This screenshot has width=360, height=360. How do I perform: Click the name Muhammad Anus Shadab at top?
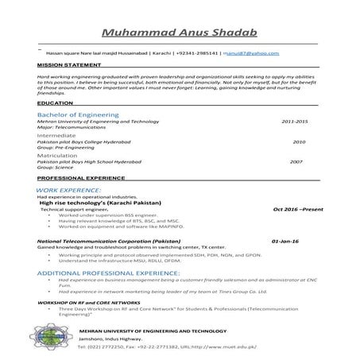pyautogui.click(x=180, y=33)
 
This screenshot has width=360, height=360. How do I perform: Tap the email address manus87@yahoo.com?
pyautogui.click(x=251, y=52)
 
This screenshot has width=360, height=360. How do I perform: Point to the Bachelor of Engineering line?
pyautogui.click(x=78, y=114)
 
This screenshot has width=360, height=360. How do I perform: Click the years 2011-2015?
pyautogui.click(x=294, y=121)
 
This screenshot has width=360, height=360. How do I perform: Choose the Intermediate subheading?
pyautogui.click(x=57, y=135)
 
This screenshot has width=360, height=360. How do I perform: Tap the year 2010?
pyautogui.click(x=299, y=141)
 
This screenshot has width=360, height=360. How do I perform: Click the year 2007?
pyautogui.click(x=296, y=161)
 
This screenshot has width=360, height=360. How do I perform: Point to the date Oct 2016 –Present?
pyautogui.click(x=298, y=208)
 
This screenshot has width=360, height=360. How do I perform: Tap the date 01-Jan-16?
pyautogui.click(x=285, y=239)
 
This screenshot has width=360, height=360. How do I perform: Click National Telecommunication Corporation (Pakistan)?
pyautogui.click(x=109, y=239)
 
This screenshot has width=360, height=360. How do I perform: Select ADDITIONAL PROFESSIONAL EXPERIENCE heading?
pyautogui.click(x=109, y=272)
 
